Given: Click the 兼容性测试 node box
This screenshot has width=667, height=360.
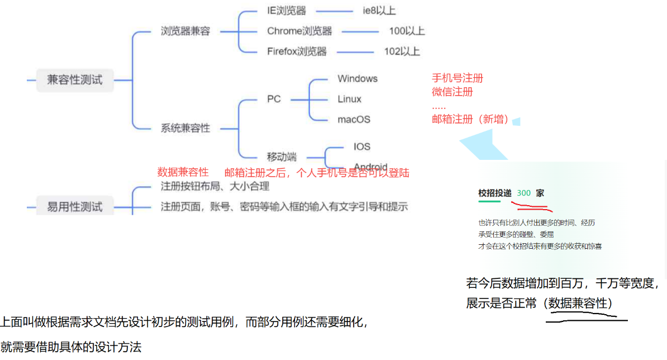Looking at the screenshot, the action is (75, 80).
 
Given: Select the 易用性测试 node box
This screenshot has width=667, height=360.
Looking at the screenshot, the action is (75, 207).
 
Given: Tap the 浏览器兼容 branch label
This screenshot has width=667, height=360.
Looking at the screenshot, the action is (185, 31).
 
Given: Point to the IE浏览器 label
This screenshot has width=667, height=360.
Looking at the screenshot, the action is (287, 11).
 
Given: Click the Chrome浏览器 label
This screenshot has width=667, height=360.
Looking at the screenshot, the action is (299, 31).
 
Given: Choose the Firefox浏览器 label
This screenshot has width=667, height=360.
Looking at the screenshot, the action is (297, 51).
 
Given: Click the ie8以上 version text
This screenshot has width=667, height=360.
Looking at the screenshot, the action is (379, 11).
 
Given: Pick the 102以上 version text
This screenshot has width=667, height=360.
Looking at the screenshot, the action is (402, 51).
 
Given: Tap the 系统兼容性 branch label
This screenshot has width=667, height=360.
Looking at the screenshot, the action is (185, 128).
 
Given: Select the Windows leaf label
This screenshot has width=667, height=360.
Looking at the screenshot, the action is (358, 79).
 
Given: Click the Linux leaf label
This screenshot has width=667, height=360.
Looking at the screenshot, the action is (349, 100).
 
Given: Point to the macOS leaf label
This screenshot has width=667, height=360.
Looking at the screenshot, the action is (354, 120).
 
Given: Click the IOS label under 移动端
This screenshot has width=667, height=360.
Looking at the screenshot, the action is (362, 146).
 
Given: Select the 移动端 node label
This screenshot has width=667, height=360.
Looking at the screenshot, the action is (282, 157).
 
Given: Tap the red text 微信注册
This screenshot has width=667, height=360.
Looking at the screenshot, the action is (452, 92).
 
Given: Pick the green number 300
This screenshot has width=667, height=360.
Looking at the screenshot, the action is (524, 193).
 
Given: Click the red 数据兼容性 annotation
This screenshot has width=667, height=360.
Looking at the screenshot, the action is (183, 172).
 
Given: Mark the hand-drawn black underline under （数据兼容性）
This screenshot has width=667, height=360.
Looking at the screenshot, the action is (587, 319).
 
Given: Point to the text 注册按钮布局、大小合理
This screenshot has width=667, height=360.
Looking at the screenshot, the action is (215, 186).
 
